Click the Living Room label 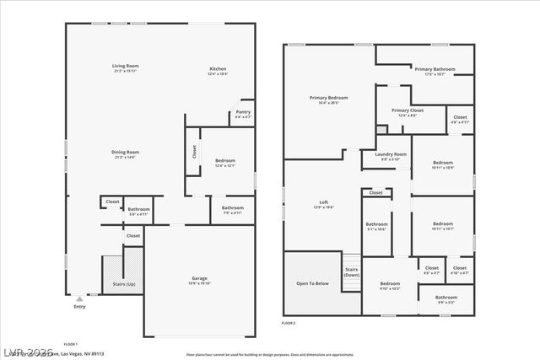(x=126, y=66)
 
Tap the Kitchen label (x=218, y=69)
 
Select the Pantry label (x=243, y=112)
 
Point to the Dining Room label (x=125, y=152)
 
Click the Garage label (x=200, y=278)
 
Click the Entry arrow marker (x=79, y=298)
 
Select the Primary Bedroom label (x=328, y=98)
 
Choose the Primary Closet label (x=407, y=110)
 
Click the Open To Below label (x=312, y=284)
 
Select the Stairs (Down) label (x=352, y=271)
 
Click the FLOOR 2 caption (x=289, y=323)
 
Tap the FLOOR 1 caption (x=71, y=344)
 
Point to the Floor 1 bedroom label (x=225, y=160)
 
